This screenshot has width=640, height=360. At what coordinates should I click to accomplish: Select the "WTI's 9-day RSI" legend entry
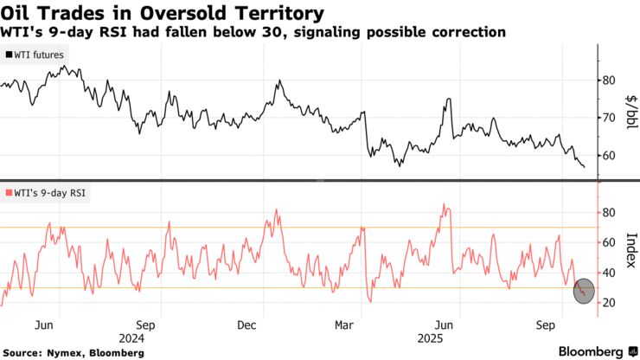click(x=47, y=193)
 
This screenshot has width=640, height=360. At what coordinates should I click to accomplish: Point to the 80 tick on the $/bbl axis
click(x=608, y=80)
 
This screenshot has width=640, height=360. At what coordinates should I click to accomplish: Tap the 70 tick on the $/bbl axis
click(x=608, y=118)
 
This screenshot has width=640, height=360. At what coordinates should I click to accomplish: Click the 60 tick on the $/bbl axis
click(x=608, y=156)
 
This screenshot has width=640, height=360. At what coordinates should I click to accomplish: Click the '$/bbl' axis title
click(x=630, y=117)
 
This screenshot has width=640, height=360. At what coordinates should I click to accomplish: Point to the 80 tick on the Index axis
click(x=608, y=213)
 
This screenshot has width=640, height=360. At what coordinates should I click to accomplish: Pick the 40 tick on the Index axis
click(x=608, y=273)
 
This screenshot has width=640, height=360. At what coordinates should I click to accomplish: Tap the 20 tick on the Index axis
click(x=608, y=302)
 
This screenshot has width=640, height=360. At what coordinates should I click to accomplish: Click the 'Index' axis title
click(x=630, y=251)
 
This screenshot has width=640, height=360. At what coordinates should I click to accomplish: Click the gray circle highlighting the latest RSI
click(x=585, y=291)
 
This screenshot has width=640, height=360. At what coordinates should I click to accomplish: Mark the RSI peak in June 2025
click(x=445, y=205)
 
